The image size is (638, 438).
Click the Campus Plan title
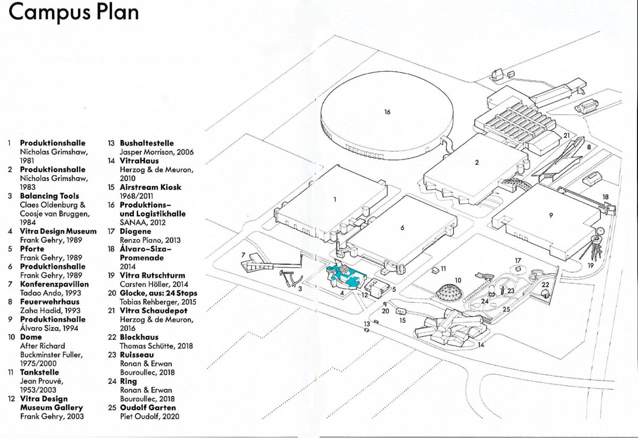click(74, 13)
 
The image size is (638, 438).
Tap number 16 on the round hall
click(388, 112)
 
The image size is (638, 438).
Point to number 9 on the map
click(551, 216)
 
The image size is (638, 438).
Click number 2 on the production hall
click(477, 163)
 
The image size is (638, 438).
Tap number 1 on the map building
click(335, 200)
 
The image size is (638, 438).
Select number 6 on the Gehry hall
click(402, 228)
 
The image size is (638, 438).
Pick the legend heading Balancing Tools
click(49, 196)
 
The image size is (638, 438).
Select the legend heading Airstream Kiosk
click(150, 187)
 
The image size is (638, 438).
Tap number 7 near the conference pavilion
click(242, 255)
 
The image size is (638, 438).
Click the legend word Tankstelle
click(39, 372)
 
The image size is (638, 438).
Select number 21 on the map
click(566, 136)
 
